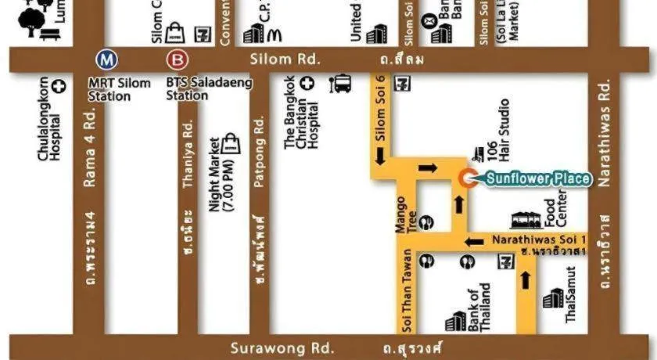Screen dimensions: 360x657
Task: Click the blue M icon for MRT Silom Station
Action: pos(104,59)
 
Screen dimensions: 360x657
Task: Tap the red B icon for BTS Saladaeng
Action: pos(178,59)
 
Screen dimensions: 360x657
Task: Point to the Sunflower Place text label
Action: pos(538,179)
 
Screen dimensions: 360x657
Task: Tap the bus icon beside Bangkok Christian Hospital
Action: pos(341,83)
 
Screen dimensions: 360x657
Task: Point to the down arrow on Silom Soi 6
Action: pos(381,157)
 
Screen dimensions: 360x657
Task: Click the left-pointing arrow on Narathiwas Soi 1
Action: pos(472,241)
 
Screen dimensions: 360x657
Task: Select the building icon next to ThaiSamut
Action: pos(553,300)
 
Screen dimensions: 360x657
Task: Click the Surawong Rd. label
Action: pos(283,347)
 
